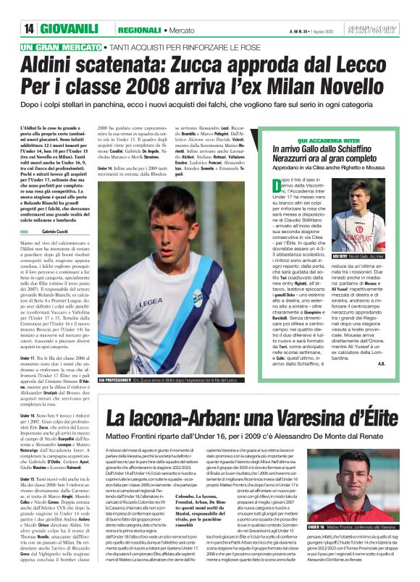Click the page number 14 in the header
pos(29,28)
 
